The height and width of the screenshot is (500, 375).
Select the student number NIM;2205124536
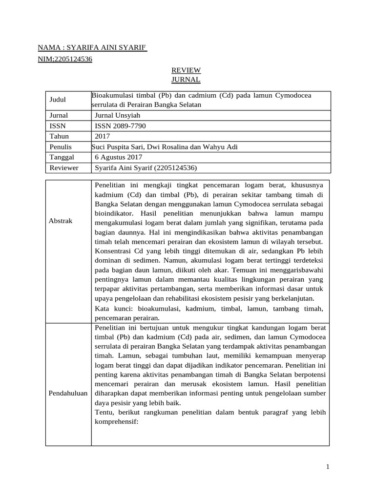point(65,60)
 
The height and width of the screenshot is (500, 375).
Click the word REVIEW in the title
point(186,70)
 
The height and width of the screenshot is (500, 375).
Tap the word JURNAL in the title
point(186,79)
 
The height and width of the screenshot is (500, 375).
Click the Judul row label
point(58,100)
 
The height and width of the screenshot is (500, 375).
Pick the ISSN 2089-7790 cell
point(120,126)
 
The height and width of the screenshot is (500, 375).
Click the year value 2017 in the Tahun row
point(103,136)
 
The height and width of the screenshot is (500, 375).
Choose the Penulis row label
point(61,147)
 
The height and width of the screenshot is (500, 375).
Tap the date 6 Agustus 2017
point(118,157)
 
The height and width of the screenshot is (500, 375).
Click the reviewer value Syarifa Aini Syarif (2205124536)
point(146,168)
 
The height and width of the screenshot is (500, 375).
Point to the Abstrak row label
point(61,221)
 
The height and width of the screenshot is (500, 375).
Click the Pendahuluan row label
point(68,394)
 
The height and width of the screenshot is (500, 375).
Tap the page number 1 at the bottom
point(328,467)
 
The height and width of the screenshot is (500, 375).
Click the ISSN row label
point(58,126)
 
